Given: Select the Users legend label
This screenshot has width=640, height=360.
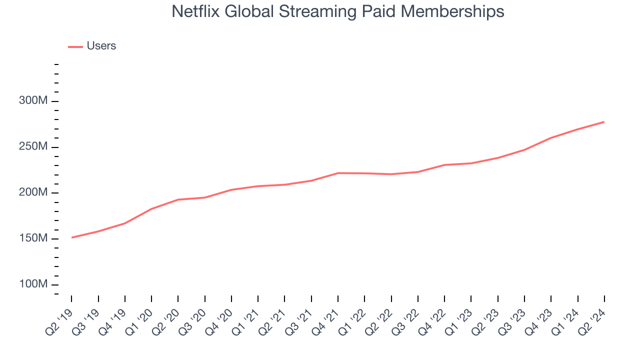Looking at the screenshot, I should pos(101,46).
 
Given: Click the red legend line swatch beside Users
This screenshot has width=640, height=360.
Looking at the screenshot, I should pos(75,46).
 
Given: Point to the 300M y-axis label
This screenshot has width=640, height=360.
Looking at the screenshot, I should pos(33,101).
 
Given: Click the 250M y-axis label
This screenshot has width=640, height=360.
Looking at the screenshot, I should pos(33,147).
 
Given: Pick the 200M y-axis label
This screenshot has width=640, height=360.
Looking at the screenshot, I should pos(33,192).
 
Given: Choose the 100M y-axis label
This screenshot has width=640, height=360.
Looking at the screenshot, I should pos(33,284).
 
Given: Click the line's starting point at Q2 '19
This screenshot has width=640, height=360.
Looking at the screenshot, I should pos(71,237).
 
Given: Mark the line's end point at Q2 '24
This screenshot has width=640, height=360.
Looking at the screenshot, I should pos(604,122).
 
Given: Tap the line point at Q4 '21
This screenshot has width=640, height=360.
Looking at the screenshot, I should pos(338,173).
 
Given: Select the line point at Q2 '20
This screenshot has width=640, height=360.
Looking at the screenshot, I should pos(178,199).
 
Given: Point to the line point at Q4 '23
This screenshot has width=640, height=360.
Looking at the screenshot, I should pos(551,137).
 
